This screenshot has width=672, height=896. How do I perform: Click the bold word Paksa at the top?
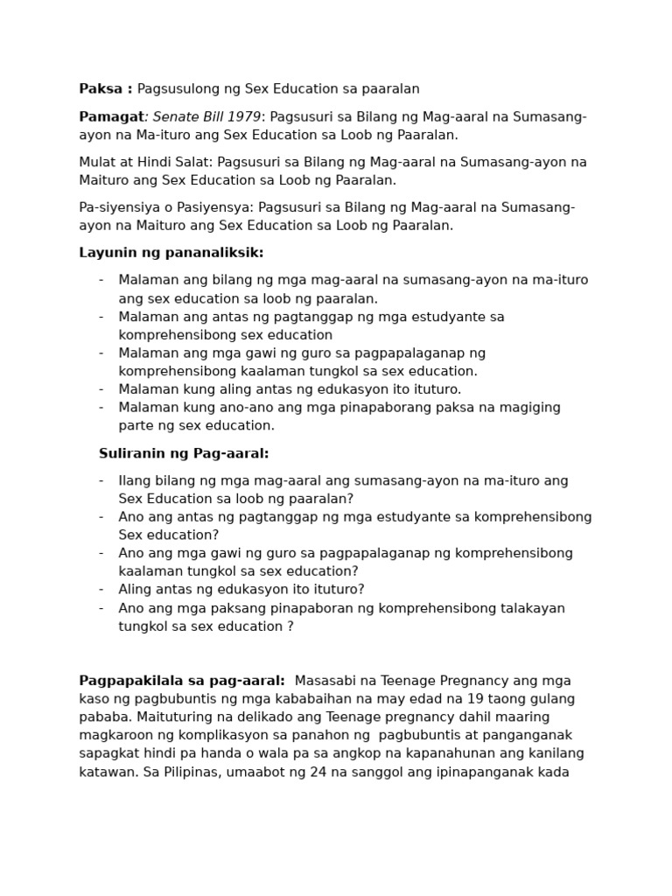click(100, 88)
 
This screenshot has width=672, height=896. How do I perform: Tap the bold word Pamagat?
click(111, 116)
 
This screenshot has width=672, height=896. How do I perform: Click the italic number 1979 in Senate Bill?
click(243, 116)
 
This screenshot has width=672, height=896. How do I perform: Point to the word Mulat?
click(99, 162)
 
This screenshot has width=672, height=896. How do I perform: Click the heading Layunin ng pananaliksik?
click(171, 253)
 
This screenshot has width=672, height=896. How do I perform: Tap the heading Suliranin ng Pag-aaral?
click(184, 453)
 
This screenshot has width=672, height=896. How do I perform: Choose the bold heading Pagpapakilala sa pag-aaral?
click(182, 681)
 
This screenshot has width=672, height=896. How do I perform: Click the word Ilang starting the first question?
click(136, 480)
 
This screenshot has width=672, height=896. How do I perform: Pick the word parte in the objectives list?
click(136, 425)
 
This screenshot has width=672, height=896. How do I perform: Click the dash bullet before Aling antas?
click(101, 589)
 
